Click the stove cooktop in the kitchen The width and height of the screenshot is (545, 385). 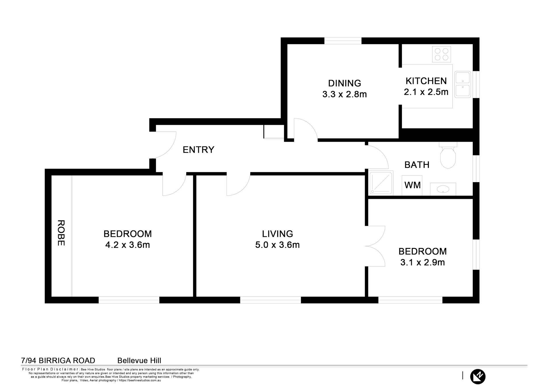click(441, 54)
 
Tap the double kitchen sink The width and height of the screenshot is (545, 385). click(463, 84)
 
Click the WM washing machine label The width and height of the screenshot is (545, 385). click(412, 185)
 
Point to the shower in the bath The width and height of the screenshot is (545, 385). click(381, 183)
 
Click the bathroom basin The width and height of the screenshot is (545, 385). click(443, 189)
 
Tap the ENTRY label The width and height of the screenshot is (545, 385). click(198, 150)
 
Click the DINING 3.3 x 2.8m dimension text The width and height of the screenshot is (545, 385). click(344, 94)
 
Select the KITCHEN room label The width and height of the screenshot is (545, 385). click(426, 81)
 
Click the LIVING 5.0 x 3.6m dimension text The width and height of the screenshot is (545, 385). click(277, 245)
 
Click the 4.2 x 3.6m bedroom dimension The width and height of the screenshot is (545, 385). click(128, 245)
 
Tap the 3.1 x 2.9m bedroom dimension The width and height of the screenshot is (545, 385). click(423, 262)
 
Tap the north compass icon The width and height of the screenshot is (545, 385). click(478, 376)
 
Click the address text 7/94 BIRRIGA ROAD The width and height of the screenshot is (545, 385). click(58, 361)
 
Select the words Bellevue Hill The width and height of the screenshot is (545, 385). click(139, 361)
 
